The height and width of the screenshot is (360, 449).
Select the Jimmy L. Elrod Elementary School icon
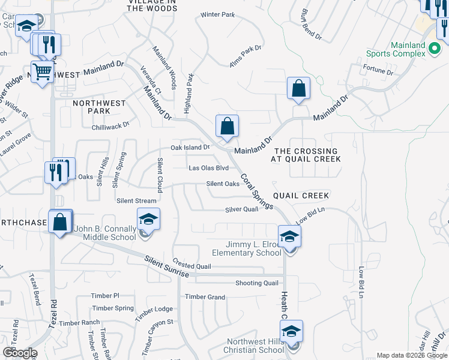(289, 236)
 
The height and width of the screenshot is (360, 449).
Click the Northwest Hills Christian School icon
(291, 332)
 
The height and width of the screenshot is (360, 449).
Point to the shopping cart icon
(42, 73)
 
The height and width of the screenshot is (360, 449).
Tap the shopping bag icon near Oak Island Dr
(228, 127)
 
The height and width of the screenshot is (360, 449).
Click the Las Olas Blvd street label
(209, 168)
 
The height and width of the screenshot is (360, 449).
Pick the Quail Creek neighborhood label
(301, 196)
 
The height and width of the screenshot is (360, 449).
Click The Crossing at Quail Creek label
(306, 155)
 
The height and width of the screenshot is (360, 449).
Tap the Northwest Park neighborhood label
(99, 107)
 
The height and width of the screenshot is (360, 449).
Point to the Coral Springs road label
(257, 192)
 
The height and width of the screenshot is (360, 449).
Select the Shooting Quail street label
(256, 283)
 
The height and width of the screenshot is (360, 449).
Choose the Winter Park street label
(217, 14)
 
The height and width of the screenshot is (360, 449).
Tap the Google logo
(19, 353)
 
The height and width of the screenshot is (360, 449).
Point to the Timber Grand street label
(205, 297)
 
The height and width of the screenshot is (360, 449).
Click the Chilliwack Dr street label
(110, 125)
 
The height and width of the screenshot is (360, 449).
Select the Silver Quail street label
(241, 209)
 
